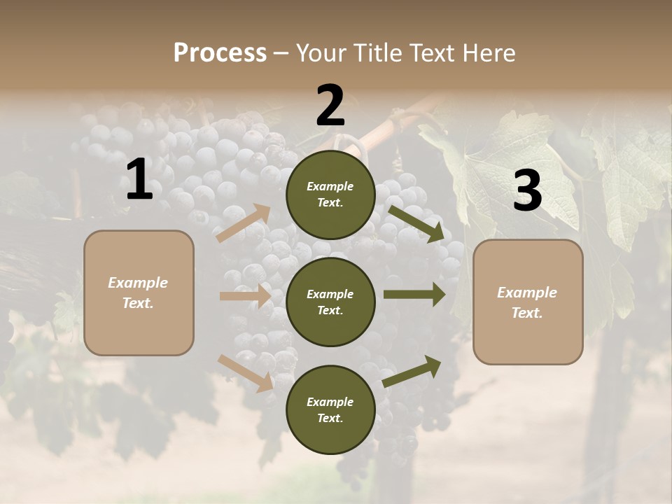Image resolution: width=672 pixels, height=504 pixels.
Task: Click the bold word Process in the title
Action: (x=220, y=52)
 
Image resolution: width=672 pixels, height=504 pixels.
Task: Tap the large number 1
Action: (x=139, y=179)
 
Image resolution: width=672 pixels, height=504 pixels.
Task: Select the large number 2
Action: (x=330, y=105)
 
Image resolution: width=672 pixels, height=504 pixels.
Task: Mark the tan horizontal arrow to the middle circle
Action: (x=245, y=296)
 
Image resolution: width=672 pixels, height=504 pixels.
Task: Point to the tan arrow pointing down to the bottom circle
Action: (x=246, y=373)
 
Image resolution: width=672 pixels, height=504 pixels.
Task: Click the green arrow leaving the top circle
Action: (x=416, y=223)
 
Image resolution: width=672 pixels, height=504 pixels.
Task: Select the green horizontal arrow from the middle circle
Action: (x=414, y=294)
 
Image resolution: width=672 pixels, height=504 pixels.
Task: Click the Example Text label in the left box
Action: (x=138, y=293)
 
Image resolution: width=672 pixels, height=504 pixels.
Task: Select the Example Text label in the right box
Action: (x=527, y=302)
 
